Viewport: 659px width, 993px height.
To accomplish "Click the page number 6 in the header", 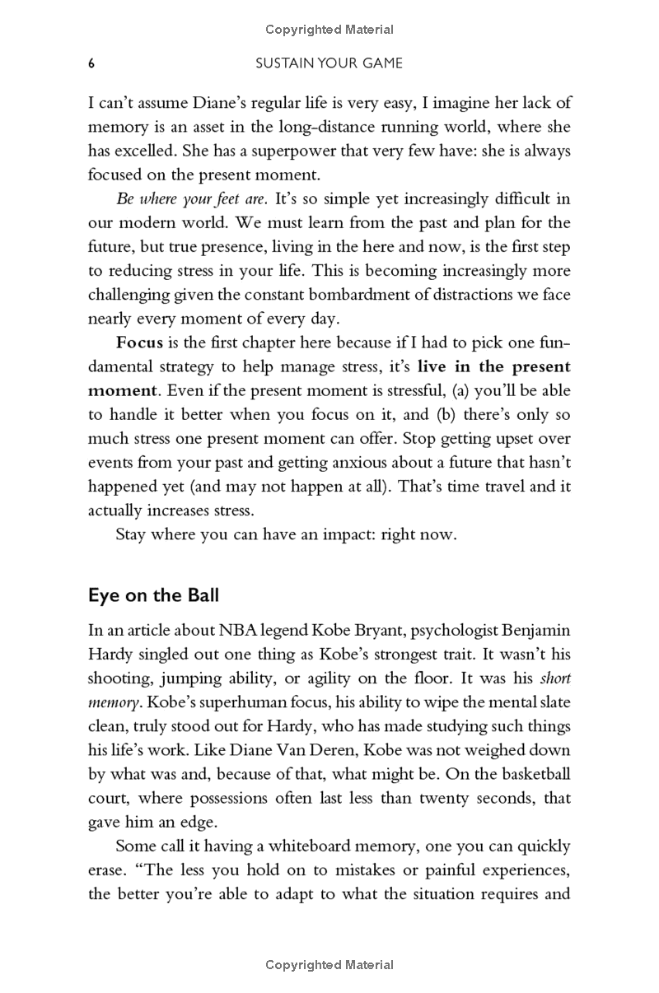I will click(x=91, y=63).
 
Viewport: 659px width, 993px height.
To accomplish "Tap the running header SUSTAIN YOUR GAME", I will click(x=329, y=63).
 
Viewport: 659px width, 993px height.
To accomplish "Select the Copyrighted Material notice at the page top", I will click(x=329, y=30).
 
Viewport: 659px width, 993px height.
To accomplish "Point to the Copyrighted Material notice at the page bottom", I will click(x=329, y=965).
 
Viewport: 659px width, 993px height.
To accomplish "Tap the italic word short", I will click(x=556, y=680).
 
